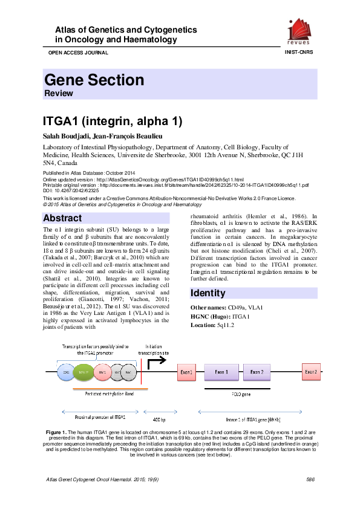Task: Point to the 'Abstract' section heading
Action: click(63, 218)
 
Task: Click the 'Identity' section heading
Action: click(209, 293)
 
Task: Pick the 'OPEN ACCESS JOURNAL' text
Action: click(74, 53)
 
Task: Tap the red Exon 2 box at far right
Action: click(310, 372)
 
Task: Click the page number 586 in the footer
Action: click(311, 479)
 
